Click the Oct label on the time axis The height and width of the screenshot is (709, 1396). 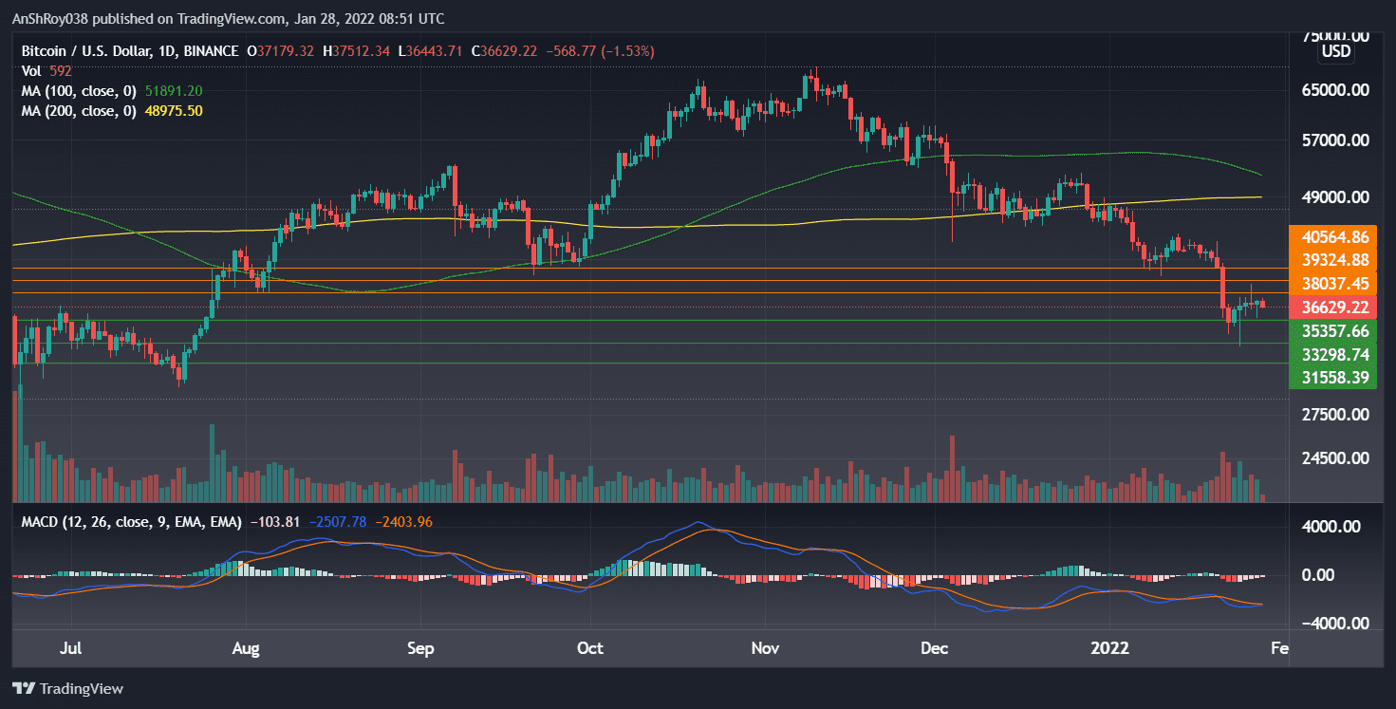pos(590,649)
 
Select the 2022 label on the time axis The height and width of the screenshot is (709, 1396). pos(1110,649)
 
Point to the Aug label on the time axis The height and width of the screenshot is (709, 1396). pos(246,649)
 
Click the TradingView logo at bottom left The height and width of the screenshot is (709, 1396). pos(67,688)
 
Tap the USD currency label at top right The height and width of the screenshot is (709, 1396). pos(1336,51)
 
